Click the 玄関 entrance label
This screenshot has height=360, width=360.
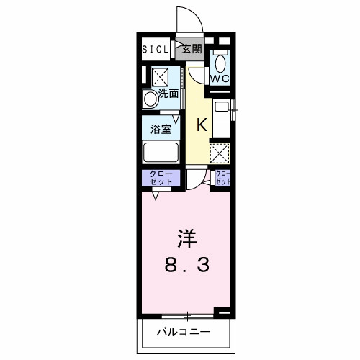pyautogui.click(x=190, y=50)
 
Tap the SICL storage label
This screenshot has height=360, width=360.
pyautogui.click(x=155, y=50)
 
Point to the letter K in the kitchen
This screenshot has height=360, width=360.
pyautogui.click(x=202, y=123)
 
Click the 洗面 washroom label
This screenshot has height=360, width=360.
pyautogui.click(x=168, y=93)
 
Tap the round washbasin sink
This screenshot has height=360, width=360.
pyautogui.click(x=149, y=99)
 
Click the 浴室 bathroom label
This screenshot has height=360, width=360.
pyautogui.click(x=161, y=130)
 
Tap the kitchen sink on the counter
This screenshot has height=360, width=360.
pyautogui.click(x=222, y=107)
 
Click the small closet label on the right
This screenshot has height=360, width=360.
pyautogui.click(x=223, y=178)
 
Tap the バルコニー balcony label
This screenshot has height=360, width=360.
pyautogui.click(x=184, y=333)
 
